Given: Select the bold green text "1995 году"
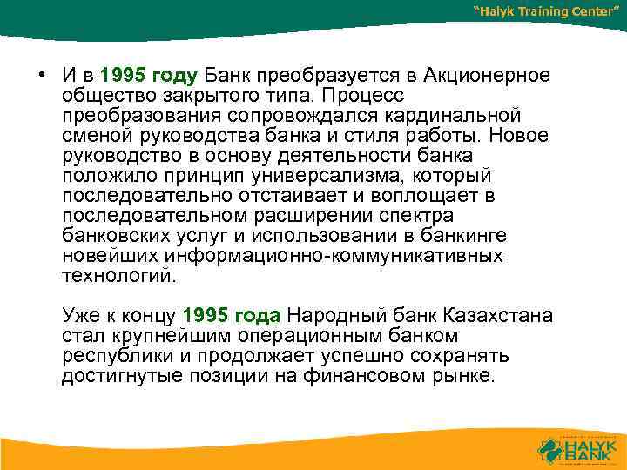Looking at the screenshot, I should point(151,76).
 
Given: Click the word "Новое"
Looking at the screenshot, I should point(521,136).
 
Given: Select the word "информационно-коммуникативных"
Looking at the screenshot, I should point(333,257).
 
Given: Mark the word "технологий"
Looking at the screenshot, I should point(118,277).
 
